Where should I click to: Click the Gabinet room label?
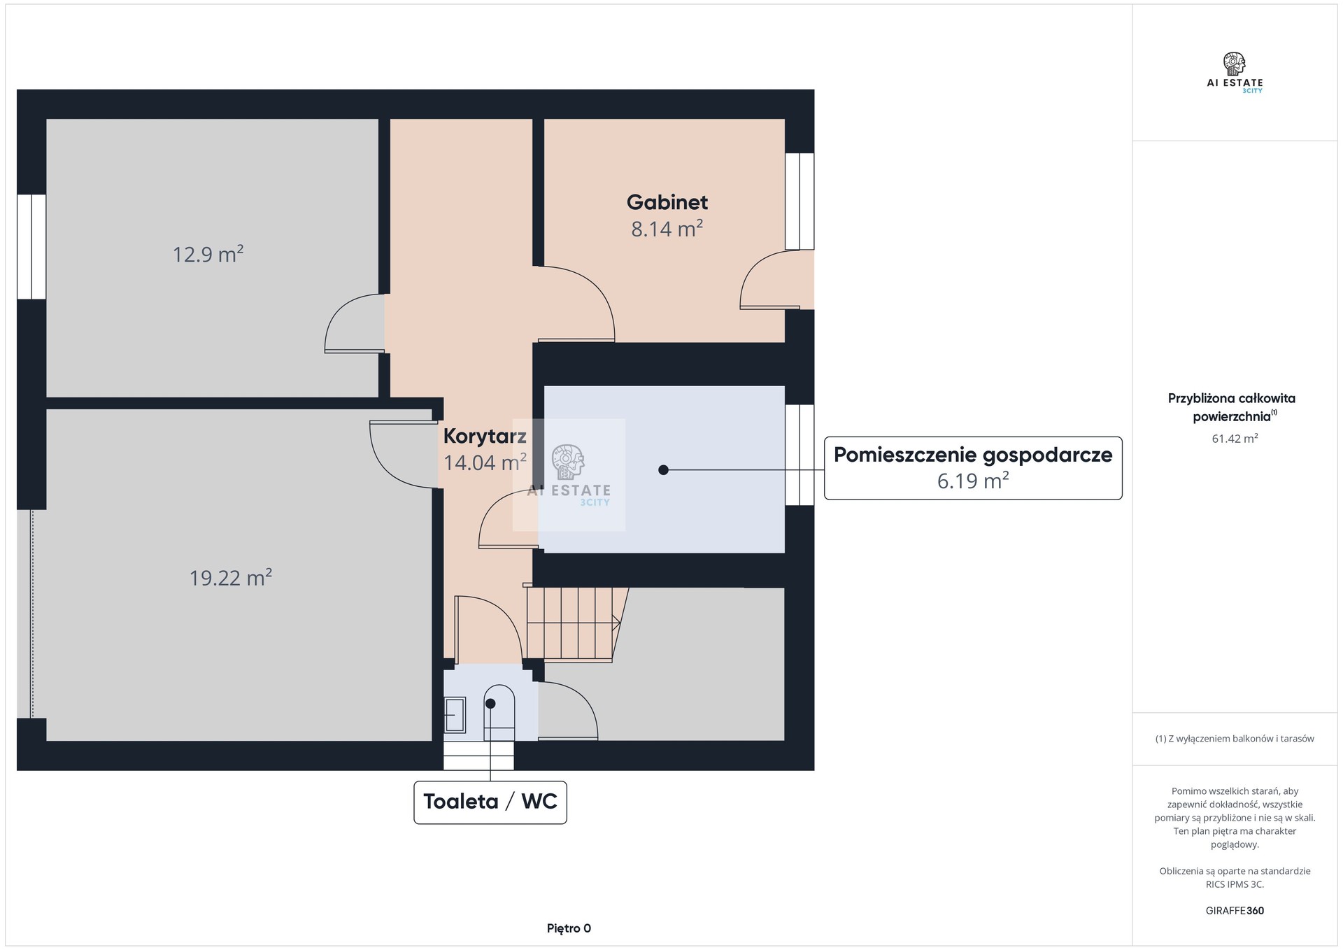click(667, 202)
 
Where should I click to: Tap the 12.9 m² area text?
click(208, 254)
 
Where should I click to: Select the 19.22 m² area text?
click(231, 578)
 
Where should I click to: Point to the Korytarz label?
click(485, 437)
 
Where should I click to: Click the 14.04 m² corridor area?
click(485, 462)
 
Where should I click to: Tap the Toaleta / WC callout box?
click(490, 802)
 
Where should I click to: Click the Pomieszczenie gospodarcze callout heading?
click(973, 455)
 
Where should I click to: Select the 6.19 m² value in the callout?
click(973, 481)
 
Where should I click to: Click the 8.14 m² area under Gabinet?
click(667, 229)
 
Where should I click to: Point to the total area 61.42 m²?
click(1235, 439)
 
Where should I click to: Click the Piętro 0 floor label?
click(569, 928)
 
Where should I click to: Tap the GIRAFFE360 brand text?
click(1235, 911)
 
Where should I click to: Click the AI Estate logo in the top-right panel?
click(1235, 73)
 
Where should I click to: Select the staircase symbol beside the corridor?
click(574, 624)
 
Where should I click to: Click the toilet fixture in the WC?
click(499, 712)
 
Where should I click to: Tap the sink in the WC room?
click(455, 715)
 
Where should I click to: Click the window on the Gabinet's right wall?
click(800, 201)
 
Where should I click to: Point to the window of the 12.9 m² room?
click(31, 247)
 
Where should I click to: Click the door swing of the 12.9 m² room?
click(355, 322)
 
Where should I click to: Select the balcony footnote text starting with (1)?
click(1235, 739)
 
